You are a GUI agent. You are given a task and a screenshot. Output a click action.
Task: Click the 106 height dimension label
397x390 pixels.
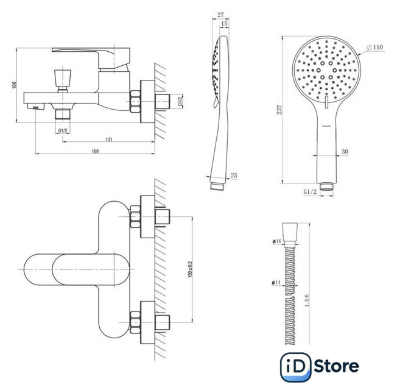[14, 85]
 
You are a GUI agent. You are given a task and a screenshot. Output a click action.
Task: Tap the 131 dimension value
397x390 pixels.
[109, 140]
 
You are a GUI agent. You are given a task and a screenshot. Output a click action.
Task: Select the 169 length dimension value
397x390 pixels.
[95, 151]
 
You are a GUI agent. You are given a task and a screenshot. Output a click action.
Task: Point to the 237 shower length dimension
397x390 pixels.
[279, 110]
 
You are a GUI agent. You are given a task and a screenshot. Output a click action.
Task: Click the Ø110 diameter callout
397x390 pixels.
[375, 47]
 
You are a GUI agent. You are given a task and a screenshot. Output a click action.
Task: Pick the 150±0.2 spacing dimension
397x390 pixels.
[190, 269]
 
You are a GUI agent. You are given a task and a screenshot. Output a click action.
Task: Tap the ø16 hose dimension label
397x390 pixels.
[277, 241]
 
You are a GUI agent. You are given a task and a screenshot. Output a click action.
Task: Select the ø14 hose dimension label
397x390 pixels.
[276, 282]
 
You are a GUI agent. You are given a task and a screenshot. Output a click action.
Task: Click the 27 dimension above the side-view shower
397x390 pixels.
[220, 15]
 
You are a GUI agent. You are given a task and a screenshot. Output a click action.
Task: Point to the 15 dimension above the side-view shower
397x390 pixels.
[224, 24]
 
